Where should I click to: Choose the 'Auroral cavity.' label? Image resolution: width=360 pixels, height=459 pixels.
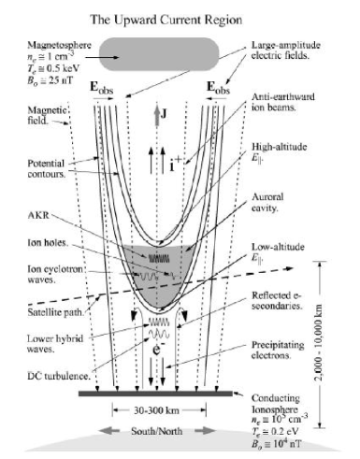click(274, 204)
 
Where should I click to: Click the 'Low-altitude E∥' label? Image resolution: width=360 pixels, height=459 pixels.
click(281, 251)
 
